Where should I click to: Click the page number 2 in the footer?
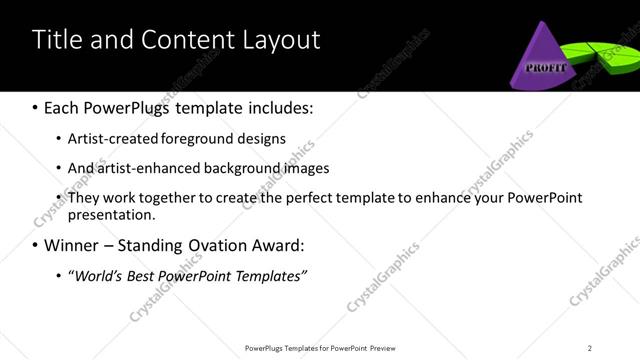click(590, 348)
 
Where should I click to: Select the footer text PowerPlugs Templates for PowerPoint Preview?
click(319, 348)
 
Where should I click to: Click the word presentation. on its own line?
click(112, 214)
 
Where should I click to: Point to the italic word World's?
click(100, 276)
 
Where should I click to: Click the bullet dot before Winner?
click(36, 245)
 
